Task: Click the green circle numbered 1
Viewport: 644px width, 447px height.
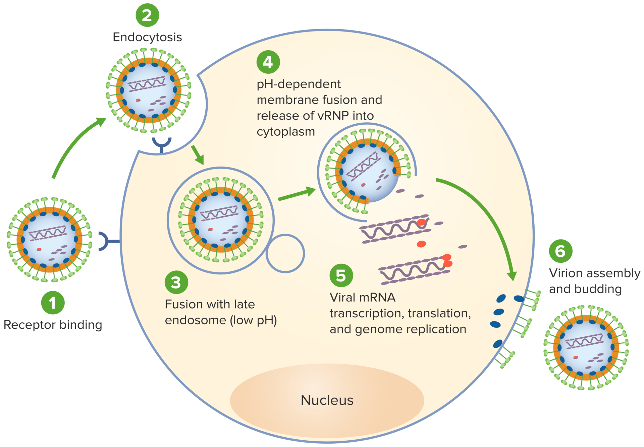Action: pos(53,303)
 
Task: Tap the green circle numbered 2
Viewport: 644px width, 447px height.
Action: pos(147,15)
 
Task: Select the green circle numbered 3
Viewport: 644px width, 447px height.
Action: pos(176,282)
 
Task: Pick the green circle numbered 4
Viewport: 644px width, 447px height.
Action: pos(268,62)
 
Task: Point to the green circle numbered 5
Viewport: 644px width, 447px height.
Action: pos(341,275)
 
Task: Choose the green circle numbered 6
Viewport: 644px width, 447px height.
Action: pos(560,251)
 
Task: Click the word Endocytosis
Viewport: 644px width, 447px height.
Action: pos(147,37)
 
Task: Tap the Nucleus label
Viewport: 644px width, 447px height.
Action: pos(327,400)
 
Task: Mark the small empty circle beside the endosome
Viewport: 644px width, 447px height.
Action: pos(285,253)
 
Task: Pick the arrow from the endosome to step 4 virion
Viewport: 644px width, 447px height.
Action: pos(297,195)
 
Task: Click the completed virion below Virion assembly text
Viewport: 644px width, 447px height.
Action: pos(586,347)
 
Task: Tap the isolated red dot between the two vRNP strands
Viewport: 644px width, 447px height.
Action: pos(421,244)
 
